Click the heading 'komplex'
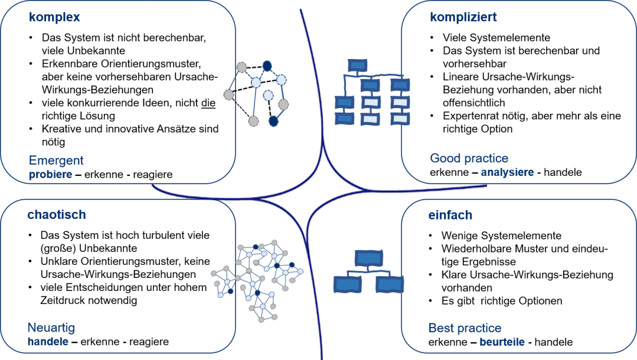pos(54,18)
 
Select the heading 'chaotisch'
pos(56,215)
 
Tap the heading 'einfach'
pos(450,215)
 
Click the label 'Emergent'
pos(56,161)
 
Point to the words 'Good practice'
pos(469,159)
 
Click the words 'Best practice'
pos(465,328)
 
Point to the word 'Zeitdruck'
pos(63,300)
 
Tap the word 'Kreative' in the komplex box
pos(60,129)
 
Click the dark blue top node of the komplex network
pos(267,65)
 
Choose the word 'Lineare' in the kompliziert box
pos(460,76)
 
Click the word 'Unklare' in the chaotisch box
pos(58,261)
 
